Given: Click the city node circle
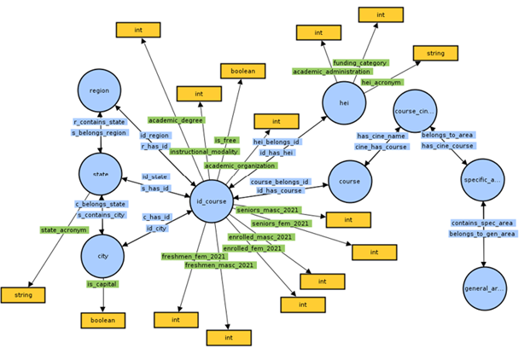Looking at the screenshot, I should (x=102, y=255).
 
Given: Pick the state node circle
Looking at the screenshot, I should (x=102, y=174).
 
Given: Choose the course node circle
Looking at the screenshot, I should (x=350, y=182).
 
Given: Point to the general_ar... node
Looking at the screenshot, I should (x=484, y=288).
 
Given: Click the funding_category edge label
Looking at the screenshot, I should (x=360, y=63).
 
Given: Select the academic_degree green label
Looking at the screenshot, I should (x=176, y=120).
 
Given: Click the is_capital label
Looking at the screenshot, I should (x=102, y=283).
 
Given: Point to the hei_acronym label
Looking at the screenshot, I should (x=381, y=82).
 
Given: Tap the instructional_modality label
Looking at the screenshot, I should (x=203, y=151).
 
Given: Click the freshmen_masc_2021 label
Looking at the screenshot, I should (x=219, y=264).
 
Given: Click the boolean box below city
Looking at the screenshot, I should (x=103, y=321).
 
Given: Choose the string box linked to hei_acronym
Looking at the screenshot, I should (x=436, y=54).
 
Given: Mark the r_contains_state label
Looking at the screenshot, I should (x=100, y=123).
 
